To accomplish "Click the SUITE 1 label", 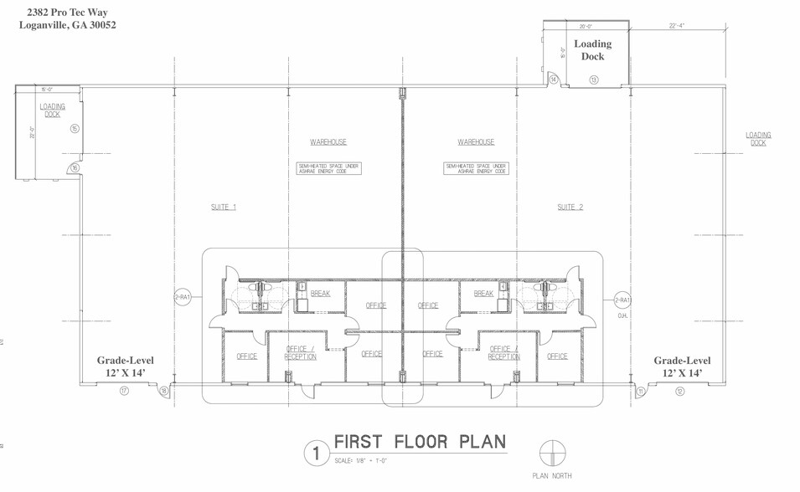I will point(224,208).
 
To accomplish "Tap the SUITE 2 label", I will point(570,208).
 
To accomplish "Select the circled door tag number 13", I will point(594,80).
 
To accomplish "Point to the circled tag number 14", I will point(554,79).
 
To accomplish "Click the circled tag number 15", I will point(75,129).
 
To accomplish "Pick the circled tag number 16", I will point(75,168).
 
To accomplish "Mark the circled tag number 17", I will point(124,391).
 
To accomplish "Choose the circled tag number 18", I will point(164,391).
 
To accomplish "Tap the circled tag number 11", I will point(641,391).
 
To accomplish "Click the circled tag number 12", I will point(679,391).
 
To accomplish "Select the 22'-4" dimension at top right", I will point(677,26).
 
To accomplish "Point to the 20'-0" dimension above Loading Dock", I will point(586,26).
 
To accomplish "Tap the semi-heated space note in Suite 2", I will point(476,168).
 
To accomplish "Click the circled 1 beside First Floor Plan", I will point(317,454).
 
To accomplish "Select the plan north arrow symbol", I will point(551,453).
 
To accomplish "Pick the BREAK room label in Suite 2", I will point(483,294).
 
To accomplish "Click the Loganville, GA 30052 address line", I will point(68,25).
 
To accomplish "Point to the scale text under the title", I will point(361,461).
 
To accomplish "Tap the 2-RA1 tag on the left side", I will point(183,298).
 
